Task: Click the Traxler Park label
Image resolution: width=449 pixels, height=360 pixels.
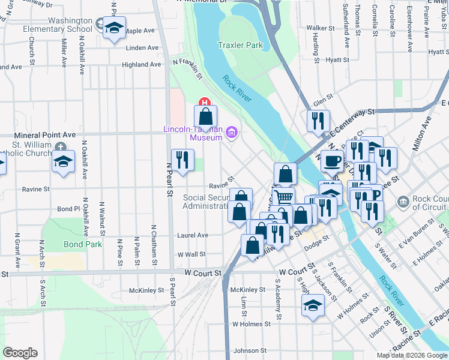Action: (x=241, y=45)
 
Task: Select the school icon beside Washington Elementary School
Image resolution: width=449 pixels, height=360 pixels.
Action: (x=113, y=28)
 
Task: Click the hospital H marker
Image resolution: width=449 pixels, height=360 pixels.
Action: (x=203, y=103)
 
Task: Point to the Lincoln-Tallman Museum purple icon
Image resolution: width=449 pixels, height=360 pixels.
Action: (x=232, y=133)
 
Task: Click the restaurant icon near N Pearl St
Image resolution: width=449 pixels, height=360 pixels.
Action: (x=182, y=160)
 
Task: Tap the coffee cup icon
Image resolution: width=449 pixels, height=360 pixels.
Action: (x=331, y=161)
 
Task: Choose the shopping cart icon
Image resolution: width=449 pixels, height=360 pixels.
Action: (x=284, y=196)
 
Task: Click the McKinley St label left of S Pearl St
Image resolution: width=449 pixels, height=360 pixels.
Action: (x=146, y=290)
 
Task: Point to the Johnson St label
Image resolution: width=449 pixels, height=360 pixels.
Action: (x=250, y=350)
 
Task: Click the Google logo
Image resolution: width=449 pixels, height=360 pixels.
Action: (x=19, y=353)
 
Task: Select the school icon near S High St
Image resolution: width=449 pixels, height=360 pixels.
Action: (x=312, y=306)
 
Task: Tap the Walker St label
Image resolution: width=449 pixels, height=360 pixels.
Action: (x=320, y=28)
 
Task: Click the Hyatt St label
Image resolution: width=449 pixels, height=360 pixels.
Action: (x=338, y=60)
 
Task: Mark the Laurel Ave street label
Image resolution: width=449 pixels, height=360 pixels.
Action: (x=193, y=236)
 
